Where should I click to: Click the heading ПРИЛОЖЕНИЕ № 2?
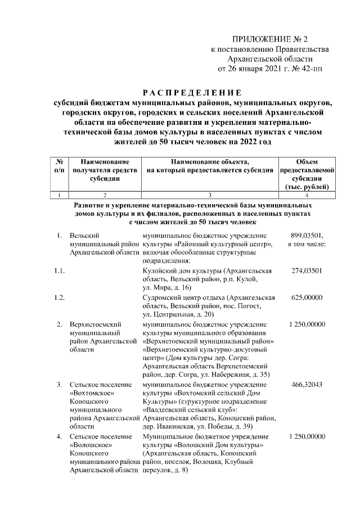pyautogui.click(x=271, y=39)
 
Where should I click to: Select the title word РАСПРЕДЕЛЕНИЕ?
pyautogui.click(x=191, y=92)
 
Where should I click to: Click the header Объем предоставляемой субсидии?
pyautogui.click(x=307, y=174)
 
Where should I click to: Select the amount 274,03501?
pyautogui.click(x=307, y=271)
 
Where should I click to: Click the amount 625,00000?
pyautogui.click(x=307, y=297)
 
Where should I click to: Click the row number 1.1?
pyautogui.click(x=57, y=271)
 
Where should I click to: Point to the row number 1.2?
pyautogui.click(x=57, y=297)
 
